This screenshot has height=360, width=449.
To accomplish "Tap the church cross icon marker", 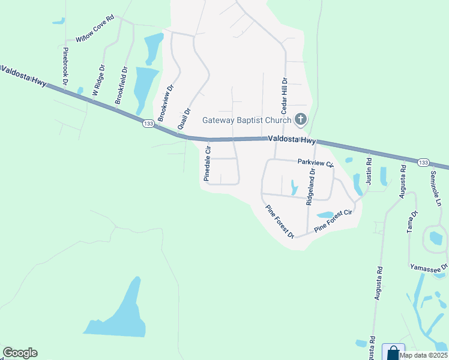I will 301,120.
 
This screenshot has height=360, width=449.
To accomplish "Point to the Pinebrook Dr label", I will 65,65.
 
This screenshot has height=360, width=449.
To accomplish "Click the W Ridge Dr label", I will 98,80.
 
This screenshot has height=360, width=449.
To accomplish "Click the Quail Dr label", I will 184,119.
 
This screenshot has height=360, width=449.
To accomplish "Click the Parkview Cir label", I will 315,163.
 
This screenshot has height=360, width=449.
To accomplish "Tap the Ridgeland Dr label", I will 310,187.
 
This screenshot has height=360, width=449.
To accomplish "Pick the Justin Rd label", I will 369,171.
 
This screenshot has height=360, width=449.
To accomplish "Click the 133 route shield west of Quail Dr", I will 148,124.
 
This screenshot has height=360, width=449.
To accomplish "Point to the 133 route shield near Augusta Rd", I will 423,163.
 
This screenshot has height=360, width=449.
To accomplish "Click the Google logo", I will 20,353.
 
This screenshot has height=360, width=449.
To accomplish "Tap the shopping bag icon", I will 393,352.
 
